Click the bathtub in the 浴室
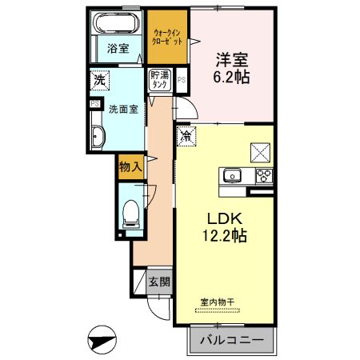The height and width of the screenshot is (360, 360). [x=118, y=22]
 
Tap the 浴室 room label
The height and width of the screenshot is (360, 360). [x=118, y=49]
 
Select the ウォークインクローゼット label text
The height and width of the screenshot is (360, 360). [x=167, y=37]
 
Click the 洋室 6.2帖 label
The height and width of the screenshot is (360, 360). [x=231, y=69]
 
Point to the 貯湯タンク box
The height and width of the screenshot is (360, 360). [x=160, y=80]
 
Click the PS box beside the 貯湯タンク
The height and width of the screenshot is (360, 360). [x=182, y=80]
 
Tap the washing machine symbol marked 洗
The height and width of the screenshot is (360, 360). [x=100, y=80]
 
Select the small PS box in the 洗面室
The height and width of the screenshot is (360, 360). [x=95, y=103]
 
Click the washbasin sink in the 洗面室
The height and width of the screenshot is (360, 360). [x=98, y=136]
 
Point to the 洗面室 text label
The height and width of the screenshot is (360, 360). [x=123, y=109]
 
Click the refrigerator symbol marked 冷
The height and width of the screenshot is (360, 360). [x=186, y=136]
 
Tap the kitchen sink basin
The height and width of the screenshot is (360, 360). [x=233, y=176]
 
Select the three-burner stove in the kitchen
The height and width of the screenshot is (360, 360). [x=264, y=176]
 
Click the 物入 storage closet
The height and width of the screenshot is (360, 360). [x=130, y=167]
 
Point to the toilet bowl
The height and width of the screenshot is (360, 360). [x=130, y=214]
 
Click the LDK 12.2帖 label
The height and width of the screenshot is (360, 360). [x=225, y=226]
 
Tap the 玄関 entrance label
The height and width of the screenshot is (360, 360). [x=159, y=282]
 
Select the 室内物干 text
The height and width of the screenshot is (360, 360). [x=218, y=302]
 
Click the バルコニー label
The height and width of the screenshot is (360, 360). [x=232, y=340]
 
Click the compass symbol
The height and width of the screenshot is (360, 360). [x=102, y=340]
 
